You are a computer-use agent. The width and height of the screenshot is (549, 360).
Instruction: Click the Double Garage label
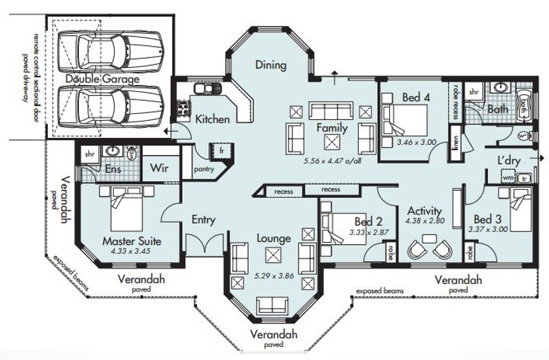point(102,80)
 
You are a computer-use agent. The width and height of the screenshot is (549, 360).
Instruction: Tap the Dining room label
point(270,66)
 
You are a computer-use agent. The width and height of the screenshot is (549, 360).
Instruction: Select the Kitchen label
point(213,119)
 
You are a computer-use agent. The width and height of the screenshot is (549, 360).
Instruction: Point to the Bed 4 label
point(417,97)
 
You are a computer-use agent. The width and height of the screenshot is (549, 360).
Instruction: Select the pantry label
point(204,169)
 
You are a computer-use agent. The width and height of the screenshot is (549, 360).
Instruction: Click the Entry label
point(204,220)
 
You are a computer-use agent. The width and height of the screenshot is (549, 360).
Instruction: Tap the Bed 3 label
point(487,219)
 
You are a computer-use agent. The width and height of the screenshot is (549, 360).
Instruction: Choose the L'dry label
point(508,161)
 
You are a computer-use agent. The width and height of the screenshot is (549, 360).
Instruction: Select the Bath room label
point(498,108)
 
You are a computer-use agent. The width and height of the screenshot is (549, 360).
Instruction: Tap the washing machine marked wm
point(508,178)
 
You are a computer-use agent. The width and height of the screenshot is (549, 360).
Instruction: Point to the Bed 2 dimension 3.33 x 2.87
point(369,232)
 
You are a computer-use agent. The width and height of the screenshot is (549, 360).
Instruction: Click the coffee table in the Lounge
point(273,256)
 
